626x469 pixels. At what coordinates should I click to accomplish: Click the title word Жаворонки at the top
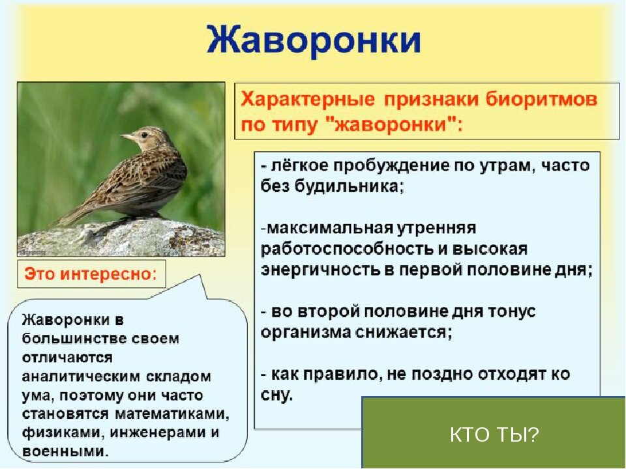tap(314, 40)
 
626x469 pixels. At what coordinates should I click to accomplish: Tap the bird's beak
tap(127, 137)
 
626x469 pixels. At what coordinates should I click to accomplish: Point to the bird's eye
tap(144, 135)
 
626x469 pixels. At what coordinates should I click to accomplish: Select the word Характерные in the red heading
tap(308, 99)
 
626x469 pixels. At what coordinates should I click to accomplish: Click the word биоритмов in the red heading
tap(541, 99)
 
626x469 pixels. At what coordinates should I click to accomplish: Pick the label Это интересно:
tap(91, 274)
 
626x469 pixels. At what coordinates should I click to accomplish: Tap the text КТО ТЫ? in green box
tap(494, 434)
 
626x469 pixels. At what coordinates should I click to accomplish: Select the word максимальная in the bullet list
tap(329, 229)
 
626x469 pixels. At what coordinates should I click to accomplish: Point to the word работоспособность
tap(347, 249)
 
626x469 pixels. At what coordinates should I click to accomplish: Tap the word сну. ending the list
tap(276, 395)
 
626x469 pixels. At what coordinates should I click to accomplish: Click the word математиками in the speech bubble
tap(172, 414)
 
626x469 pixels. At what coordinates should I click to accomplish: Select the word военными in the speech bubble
tap(65, 451)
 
